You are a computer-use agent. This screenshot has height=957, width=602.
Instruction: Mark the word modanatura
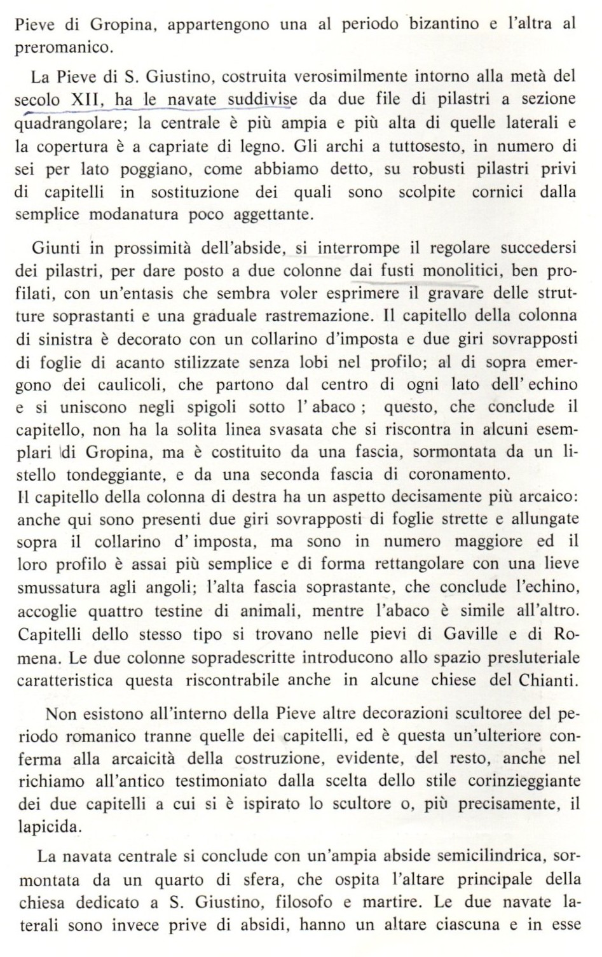(136, 214)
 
